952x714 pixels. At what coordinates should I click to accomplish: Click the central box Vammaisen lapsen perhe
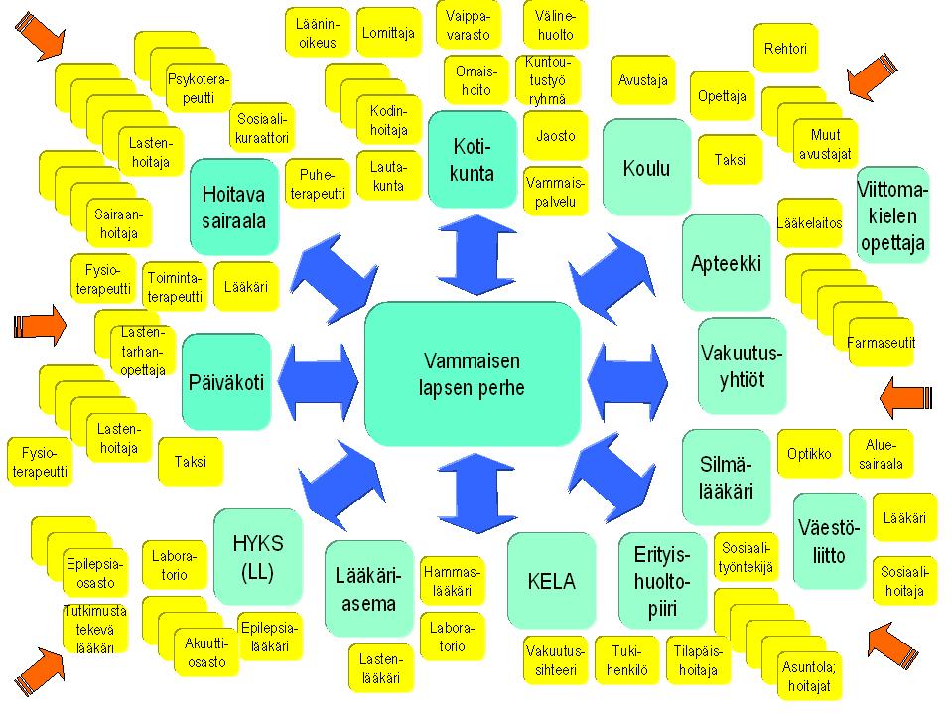[x=472, y=374]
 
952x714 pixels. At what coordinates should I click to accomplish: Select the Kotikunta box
[x=473, y=158]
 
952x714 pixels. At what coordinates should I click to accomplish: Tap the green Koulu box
[x=646, y=168]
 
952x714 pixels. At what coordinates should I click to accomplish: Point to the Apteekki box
[x=726, y=264]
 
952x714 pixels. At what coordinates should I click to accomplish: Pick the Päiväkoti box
[x=226, y=382]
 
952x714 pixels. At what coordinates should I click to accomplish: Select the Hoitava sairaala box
[x=234, y=207]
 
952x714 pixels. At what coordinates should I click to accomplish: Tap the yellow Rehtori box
[x=786, y=49]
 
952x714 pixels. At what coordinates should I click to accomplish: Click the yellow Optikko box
[x=809, y=454]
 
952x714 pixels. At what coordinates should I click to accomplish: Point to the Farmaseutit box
[x=882, y=343]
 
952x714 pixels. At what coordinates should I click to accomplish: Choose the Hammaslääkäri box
[x=452, y=581]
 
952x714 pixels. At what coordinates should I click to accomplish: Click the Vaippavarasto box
[x=469, y=26]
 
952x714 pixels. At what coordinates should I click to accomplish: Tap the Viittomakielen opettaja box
[x=892, y=215]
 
